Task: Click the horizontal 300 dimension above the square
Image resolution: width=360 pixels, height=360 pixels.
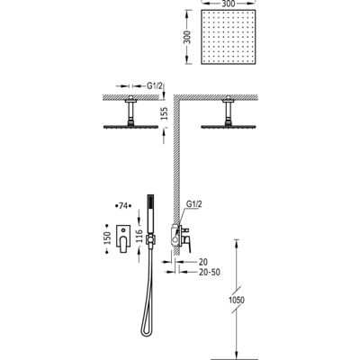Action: click(x=229, y=4)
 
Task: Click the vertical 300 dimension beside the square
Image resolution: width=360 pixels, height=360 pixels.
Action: click(x=187, y=37)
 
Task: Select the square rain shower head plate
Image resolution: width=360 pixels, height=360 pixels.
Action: click(x=229, y=37)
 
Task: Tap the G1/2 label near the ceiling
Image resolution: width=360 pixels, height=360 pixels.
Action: click(x=155, y=86)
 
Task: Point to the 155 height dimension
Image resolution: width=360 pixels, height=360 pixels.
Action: click(x=164, y=113)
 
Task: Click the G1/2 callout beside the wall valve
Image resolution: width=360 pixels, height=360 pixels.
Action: click(x=194, y=204)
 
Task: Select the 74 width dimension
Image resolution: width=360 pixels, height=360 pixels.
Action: click(x=123, y=206)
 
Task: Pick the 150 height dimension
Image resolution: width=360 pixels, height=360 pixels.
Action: click(x=107, y=238)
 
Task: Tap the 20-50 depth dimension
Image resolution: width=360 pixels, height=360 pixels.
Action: click(x=210, y=272)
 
